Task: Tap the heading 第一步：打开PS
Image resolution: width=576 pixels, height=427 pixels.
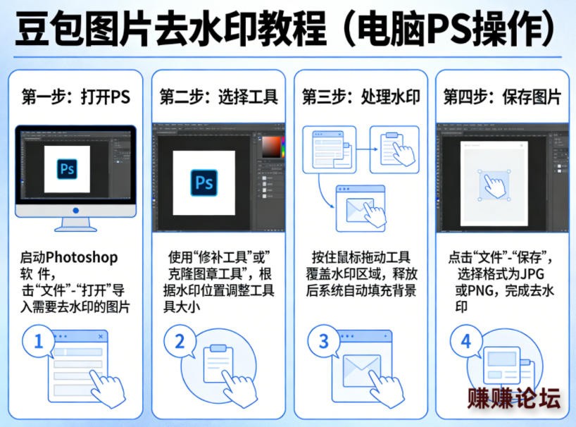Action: click(x=75, y=97)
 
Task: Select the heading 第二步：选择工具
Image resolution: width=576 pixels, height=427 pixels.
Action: click(x=218, y=97)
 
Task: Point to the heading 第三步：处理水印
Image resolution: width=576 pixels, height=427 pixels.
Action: click(x=361, y=97)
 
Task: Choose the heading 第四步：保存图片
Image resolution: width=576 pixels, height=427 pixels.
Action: click(x=502, y=97)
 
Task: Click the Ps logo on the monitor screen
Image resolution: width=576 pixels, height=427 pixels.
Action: click(x=67, y=169)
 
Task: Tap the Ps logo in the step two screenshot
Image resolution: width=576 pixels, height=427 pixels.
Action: click(x=204, y=182)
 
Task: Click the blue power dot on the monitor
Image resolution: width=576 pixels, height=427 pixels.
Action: click(x=75, y=211)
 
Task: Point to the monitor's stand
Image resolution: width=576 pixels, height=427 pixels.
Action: click(x=75, y=225)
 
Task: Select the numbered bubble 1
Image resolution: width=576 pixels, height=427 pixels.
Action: click(x=38, y=341)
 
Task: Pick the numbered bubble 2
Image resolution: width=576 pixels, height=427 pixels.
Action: click(x=180, y=341)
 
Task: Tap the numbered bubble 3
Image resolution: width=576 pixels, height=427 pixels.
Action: click(x=323, y=341)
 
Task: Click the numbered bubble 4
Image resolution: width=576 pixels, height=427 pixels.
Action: click(x=465, y=341)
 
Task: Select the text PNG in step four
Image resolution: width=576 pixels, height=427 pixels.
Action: click(x=480, y=291)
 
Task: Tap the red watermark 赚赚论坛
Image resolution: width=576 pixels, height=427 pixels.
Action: click(x=514, y=398)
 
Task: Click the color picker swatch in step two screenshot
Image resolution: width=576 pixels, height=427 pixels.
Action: click(x=271, y=147)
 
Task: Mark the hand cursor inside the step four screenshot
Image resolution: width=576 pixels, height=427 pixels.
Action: click(x=494, y=186)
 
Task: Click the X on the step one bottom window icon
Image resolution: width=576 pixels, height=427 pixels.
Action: click(x=101, y=336)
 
